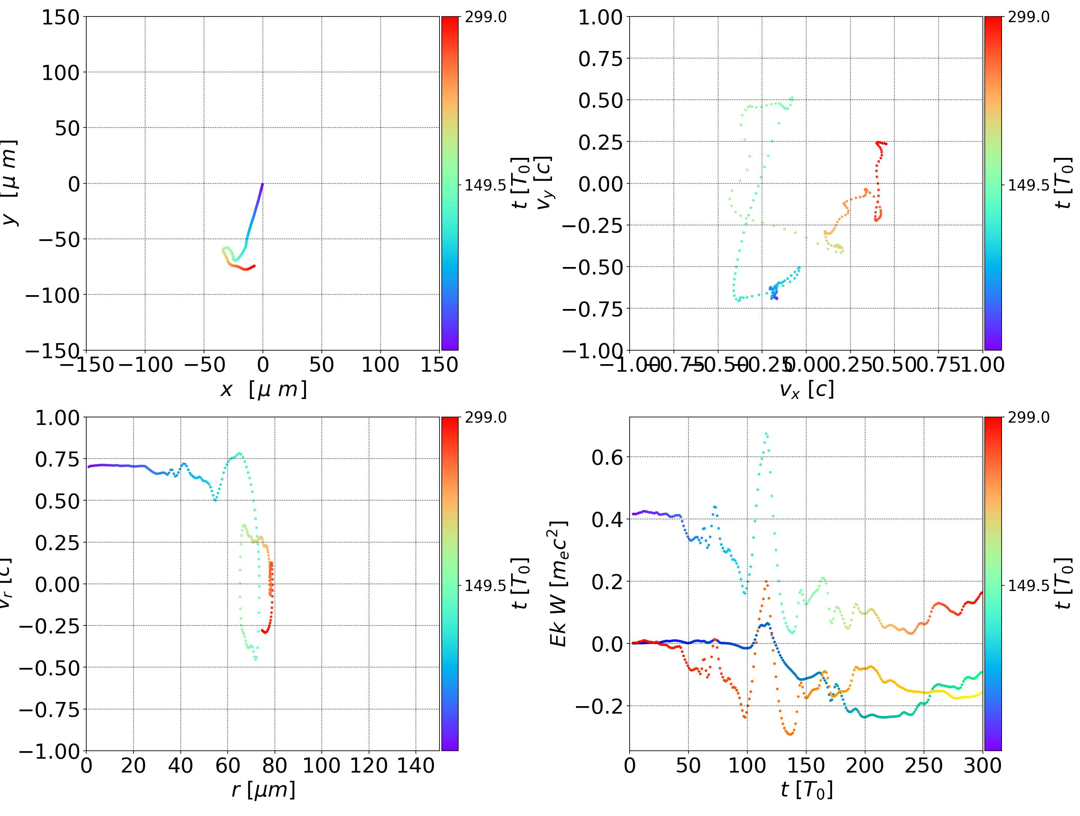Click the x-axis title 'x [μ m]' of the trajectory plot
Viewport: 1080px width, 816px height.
point(263,389)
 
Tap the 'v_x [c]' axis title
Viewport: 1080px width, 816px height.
point(806,389)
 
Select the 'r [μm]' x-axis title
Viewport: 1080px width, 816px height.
point(263,790)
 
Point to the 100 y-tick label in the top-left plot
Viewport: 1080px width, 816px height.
point(60,73)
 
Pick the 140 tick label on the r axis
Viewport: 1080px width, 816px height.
point(415,765)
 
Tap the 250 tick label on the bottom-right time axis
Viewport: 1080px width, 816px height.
point(923,765)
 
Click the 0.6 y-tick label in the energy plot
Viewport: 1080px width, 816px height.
point(607,457)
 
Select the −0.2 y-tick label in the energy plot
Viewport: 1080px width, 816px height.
point(599,706)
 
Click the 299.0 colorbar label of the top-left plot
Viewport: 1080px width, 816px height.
point(485,17)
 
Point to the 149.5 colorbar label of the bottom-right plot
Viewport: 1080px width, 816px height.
point(1028,585)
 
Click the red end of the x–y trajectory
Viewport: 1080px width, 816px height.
point(254,266)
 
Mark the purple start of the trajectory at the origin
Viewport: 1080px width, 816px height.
point(262,184)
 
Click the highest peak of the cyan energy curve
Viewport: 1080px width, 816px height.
point(766,433)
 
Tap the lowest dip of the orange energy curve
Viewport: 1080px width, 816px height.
point(790,733)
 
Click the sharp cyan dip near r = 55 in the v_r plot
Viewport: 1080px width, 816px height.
point(215,500)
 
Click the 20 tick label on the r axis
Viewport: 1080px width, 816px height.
point(133,765)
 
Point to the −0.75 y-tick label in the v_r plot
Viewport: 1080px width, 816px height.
point(49,709)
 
